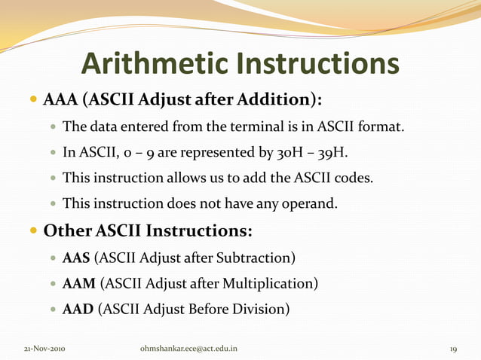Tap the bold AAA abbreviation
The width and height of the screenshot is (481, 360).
point(60,100)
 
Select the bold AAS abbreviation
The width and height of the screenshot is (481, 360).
point(76,258)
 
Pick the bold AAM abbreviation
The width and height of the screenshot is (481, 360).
point(78,284)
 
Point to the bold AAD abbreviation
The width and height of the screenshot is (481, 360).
point(78,310)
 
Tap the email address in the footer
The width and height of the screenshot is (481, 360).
point(188,349)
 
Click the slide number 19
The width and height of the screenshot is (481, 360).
point(453,349)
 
